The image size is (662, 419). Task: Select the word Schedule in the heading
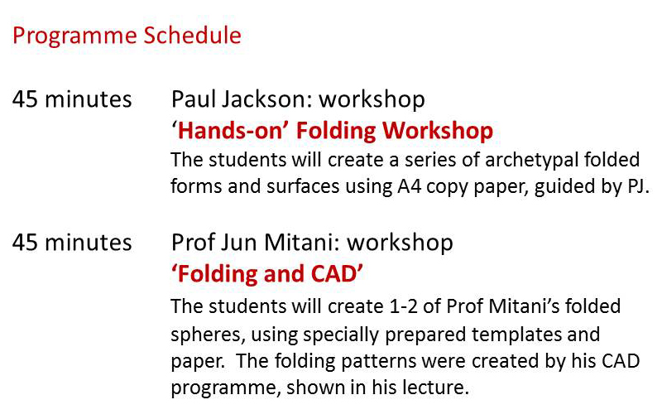coord(192,35)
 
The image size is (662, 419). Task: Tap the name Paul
coord(193,99)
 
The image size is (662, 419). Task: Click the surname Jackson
coord(266,100)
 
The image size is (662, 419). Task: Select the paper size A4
coord(409,186)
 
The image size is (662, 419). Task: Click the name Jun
coord(239,243)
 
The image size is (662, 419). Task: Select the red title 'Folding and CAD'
coord(266,274)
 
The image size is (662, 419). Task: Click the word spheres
coord(208,335)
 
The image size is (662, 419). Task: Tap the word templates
coord(516,335)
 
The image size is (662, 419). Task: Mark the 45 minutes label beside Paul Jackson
coord(72,99)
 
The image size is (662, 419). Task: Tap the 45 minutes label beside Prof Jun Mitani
coord(72,243)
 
